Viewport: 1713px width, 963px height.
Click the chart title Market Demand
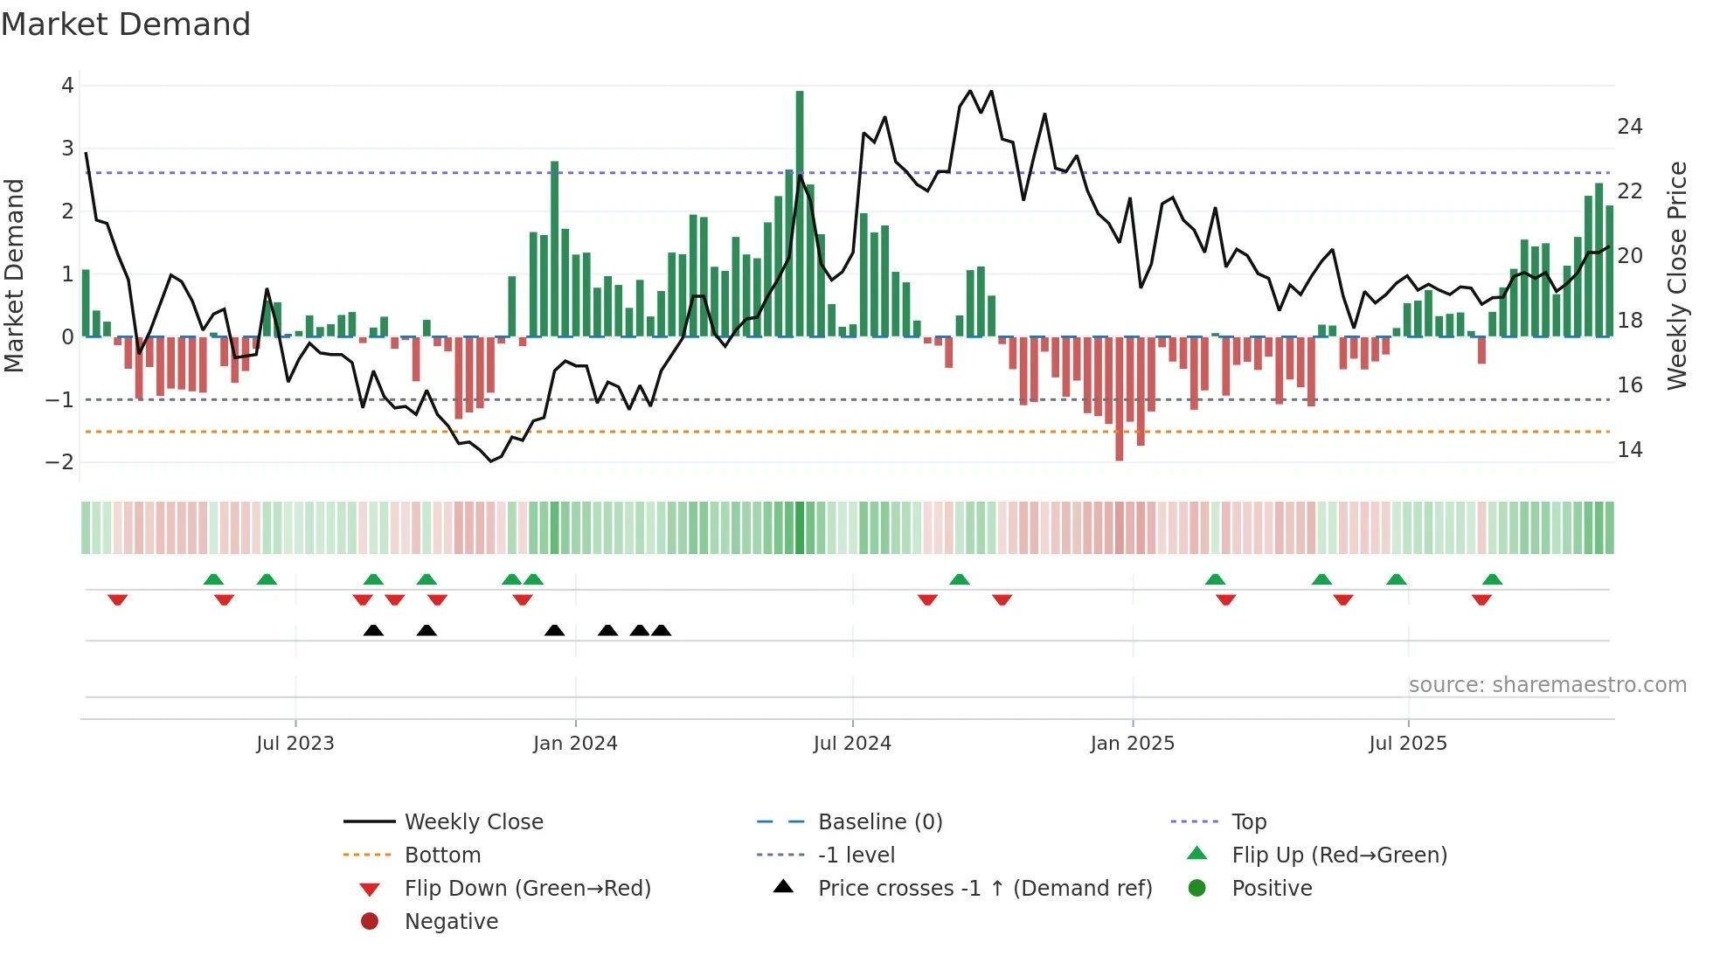pyautogui.click(x=126, y=24)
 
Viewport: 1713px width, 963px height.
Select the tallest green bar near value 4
pyautogui.click(x=800, y=210)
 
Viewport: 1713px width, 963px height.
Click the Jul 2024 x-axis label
pyautogui.click(x=852, y=744)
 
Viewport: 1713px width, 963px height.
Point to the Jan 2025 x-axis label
pyautogui.click(x=1132, y=744)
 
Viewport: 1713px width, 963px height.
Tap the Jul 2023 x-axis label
pyautogui.click(x=295, y=744)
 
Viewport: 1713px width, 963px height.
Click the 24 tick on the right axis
pyautogui.click(x=1629, y=128)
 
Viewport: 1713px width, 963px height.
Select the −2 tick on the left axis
pyautogui.click(x=60, y=462)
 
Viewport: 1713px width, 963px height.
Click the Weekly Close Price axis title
pyautogui.click(x=1676, y=275)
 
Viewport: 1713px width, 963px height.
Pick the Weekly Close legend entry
pyautogui.click(x=473, y=822)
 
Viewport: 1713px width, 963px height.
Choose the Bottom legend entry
pyautogui.click(x=442, y=856)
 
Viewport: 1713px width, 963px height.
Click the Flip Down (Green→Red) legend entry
pyautogui.click(x=527, y=889)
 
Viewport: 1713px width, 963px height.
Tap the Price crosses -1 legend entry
pyautogui.click(x=984, y=889)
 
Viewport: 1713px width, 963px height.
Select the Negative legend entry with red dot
pyautogui.click(x=451, y=922)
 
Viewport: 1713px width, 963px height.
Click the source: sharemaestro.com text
pyautogui.click(x=1547, y=685)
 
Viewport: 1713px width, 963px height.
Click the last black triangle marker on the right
pyautogui.click(x=662, y=631)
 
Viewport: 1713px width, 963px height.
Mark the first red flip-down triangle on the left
pyautogui.click(x=118, y=599)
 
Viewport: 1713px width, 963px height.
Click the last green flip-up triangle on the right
pyautogui.click(x=1493, y=579)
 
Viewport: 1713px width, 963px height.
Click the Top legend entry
pyautogui.click(x=1248, y=822)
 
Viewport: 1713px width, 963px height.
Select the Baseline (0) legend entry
pyautogui.click(x=879, y=822)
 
